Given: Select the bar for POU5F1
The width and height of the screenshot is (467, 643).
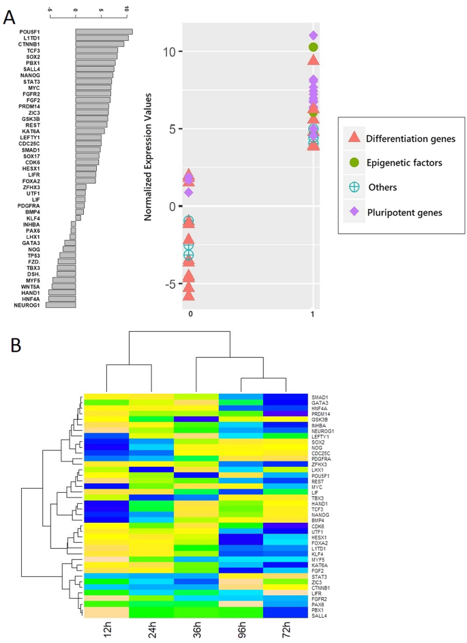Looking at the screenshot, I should coord(104,31).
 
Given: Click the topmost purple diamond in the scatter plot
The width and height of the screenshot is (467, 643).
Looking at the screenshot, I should coord(314,35).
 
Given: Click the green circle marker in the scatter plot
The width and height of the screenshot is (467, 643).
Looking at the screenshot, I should coord(314,47).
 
